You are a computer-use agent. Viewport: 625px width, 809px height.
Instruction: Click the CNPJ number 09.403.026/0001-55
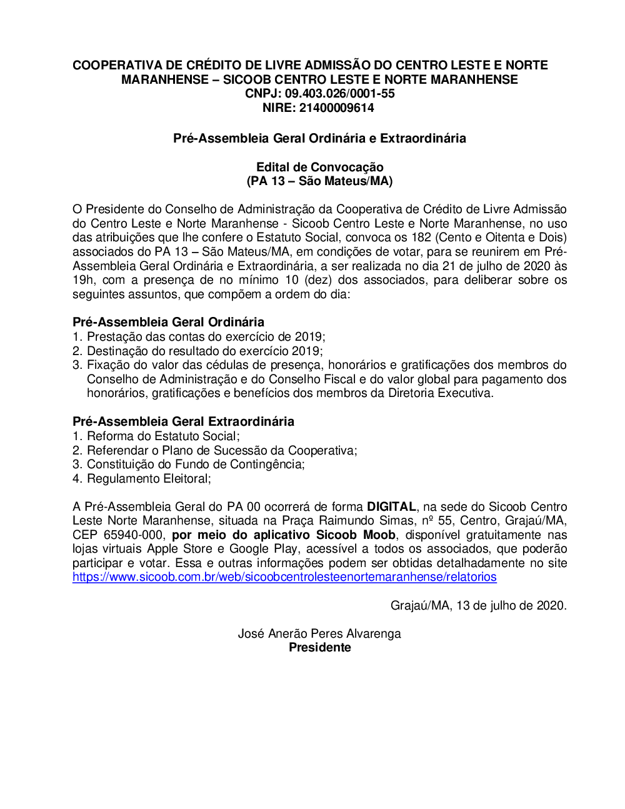pyautogui.click(x=340, y=94)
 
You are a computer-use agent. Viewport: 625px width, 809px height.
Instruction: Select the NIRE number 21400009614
pyautogui.click(x=336, y=108)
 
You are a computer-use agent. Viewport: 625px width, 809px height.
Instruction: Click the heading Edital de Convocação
pyautogui.click(x=319, y=167)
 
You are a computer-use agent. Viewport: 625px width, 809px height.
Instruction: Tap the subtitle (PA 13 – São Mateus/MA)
pyautogui.click(x=319, y=181)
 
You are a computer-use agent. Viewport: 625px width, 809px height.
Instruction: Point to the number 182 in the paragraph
pyautogui.click(x=421, y=238)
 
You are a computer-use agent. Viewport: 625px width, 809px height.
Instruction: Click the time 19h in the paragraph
pyautogui.click(x=82, y=280)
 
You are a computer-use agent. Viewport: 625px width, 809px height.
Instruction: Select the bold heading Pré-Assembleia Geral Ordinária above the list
pyautogui.click(x=168, y=322)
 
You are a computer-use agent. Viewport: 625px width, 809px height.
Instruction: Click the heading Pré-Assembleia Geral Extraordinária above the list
pyautogui.click(x=183, y=421)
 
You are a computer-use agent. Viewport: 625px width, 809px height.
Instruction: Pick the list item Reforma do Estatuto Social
pyautogui.click(x=162, y=436)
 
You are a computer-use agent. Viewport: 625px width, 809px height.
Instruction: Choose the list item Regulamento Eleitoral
pyautogui.click(x=148, y=479)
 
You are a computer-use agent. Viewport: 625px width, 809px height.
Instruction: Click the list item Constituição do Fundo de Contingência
pyautogui.click(x=195, y=465)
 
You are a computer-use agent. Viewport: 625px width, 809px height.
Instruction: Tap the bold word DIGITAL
pyautogui.click(x=391, y=507)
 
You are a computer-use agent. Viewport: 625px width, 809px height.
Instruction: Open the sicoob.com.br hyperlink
pyautogui.click(x=284, y=577)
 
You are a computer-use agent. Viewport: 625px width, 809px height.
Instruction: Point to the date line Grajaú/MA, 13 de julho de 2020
pyautogui.click(x=478, y=605)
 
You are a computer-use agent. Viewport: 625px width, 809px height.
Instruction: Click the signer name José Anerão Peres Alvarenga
pyautogui.click(x=319, y=634)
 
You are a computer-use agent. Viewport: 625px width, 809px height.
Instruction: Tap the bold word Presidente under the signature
pyautogui.click(x=319, y=648)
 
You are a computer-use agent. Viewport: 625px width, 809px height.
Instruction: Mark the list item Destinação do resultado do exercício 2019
pyautogui.click(x=204, y=351)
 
